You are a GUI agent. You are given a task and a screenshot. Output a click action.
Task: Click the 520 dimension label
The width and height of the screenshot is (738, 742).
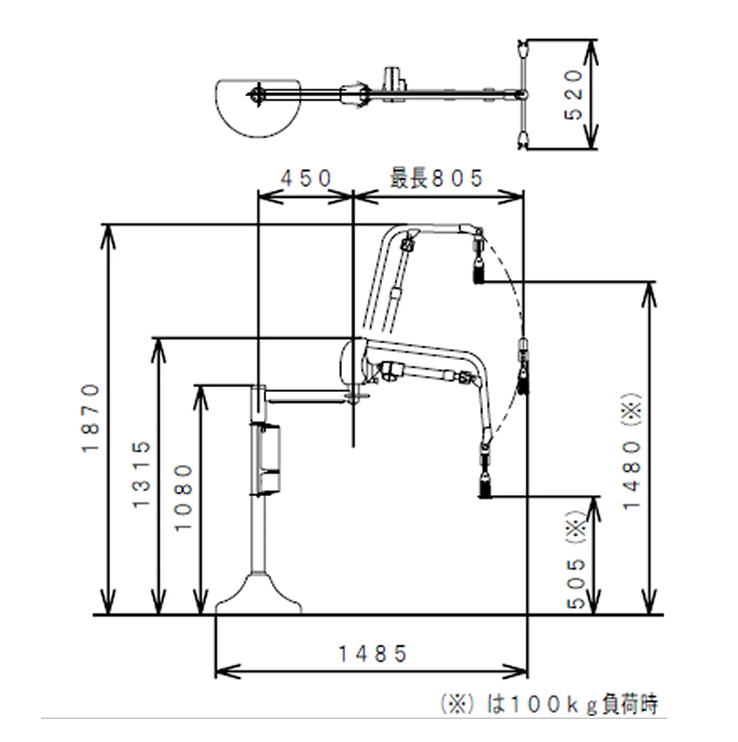[x=575, y=94]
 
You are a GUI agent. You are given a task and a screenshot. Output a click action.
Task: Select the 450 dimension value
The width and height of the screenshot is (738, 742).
[x=306, y=178]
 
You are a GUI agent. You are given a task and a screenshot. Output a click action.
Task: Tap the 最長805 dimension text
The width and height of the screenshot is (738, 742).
[x=436, y=178]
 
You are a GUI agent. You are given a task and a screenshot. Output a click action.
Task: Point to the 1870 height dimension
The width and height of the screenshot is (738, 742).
[x=91, y=417]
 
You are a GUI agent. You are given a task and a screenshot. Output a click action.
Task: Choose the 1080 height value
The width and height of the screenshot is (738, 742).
[x=183, y=497]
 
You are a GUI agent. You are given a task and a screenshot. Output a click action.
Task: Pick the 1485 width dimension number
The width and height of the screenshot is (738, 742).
[x=373, y=654]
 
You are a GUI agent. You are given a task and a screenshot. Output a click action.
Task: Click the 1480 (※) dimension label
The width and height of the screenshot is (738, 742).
[x=633, y=451]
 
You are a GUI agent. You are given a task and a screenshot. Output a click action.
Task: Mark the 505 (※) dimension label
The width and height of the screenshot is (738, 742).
[x=576, y=559]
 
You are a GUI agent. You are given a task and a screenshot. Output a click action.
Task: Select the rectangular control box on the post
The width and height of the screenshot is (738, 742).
[x=266, y=459]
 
